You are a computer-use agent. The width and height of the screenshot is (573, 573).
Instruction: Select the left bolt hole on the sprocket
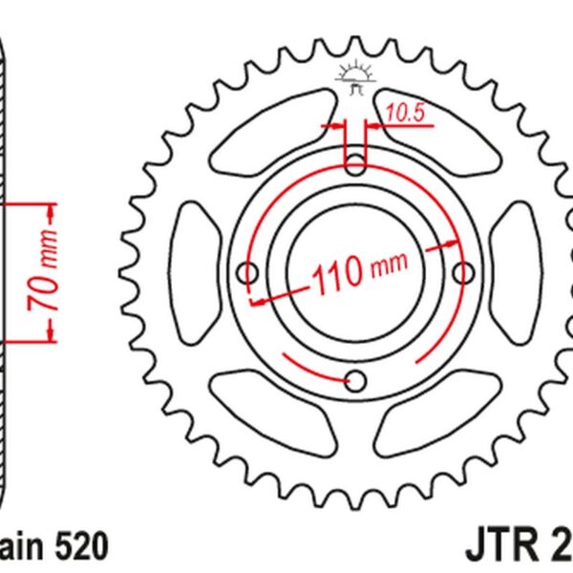(x=248, y=274)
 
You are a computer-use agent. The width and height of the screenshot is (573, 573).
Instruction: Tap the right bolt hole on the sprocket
(x=464, y=274)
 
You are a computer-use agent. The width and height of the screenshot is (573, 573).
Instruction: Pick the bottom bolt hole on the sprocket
(x=356, y=381)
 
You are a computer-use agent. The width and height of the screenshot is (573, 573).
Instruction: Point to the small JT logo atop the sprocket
(x=355, y=78)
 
